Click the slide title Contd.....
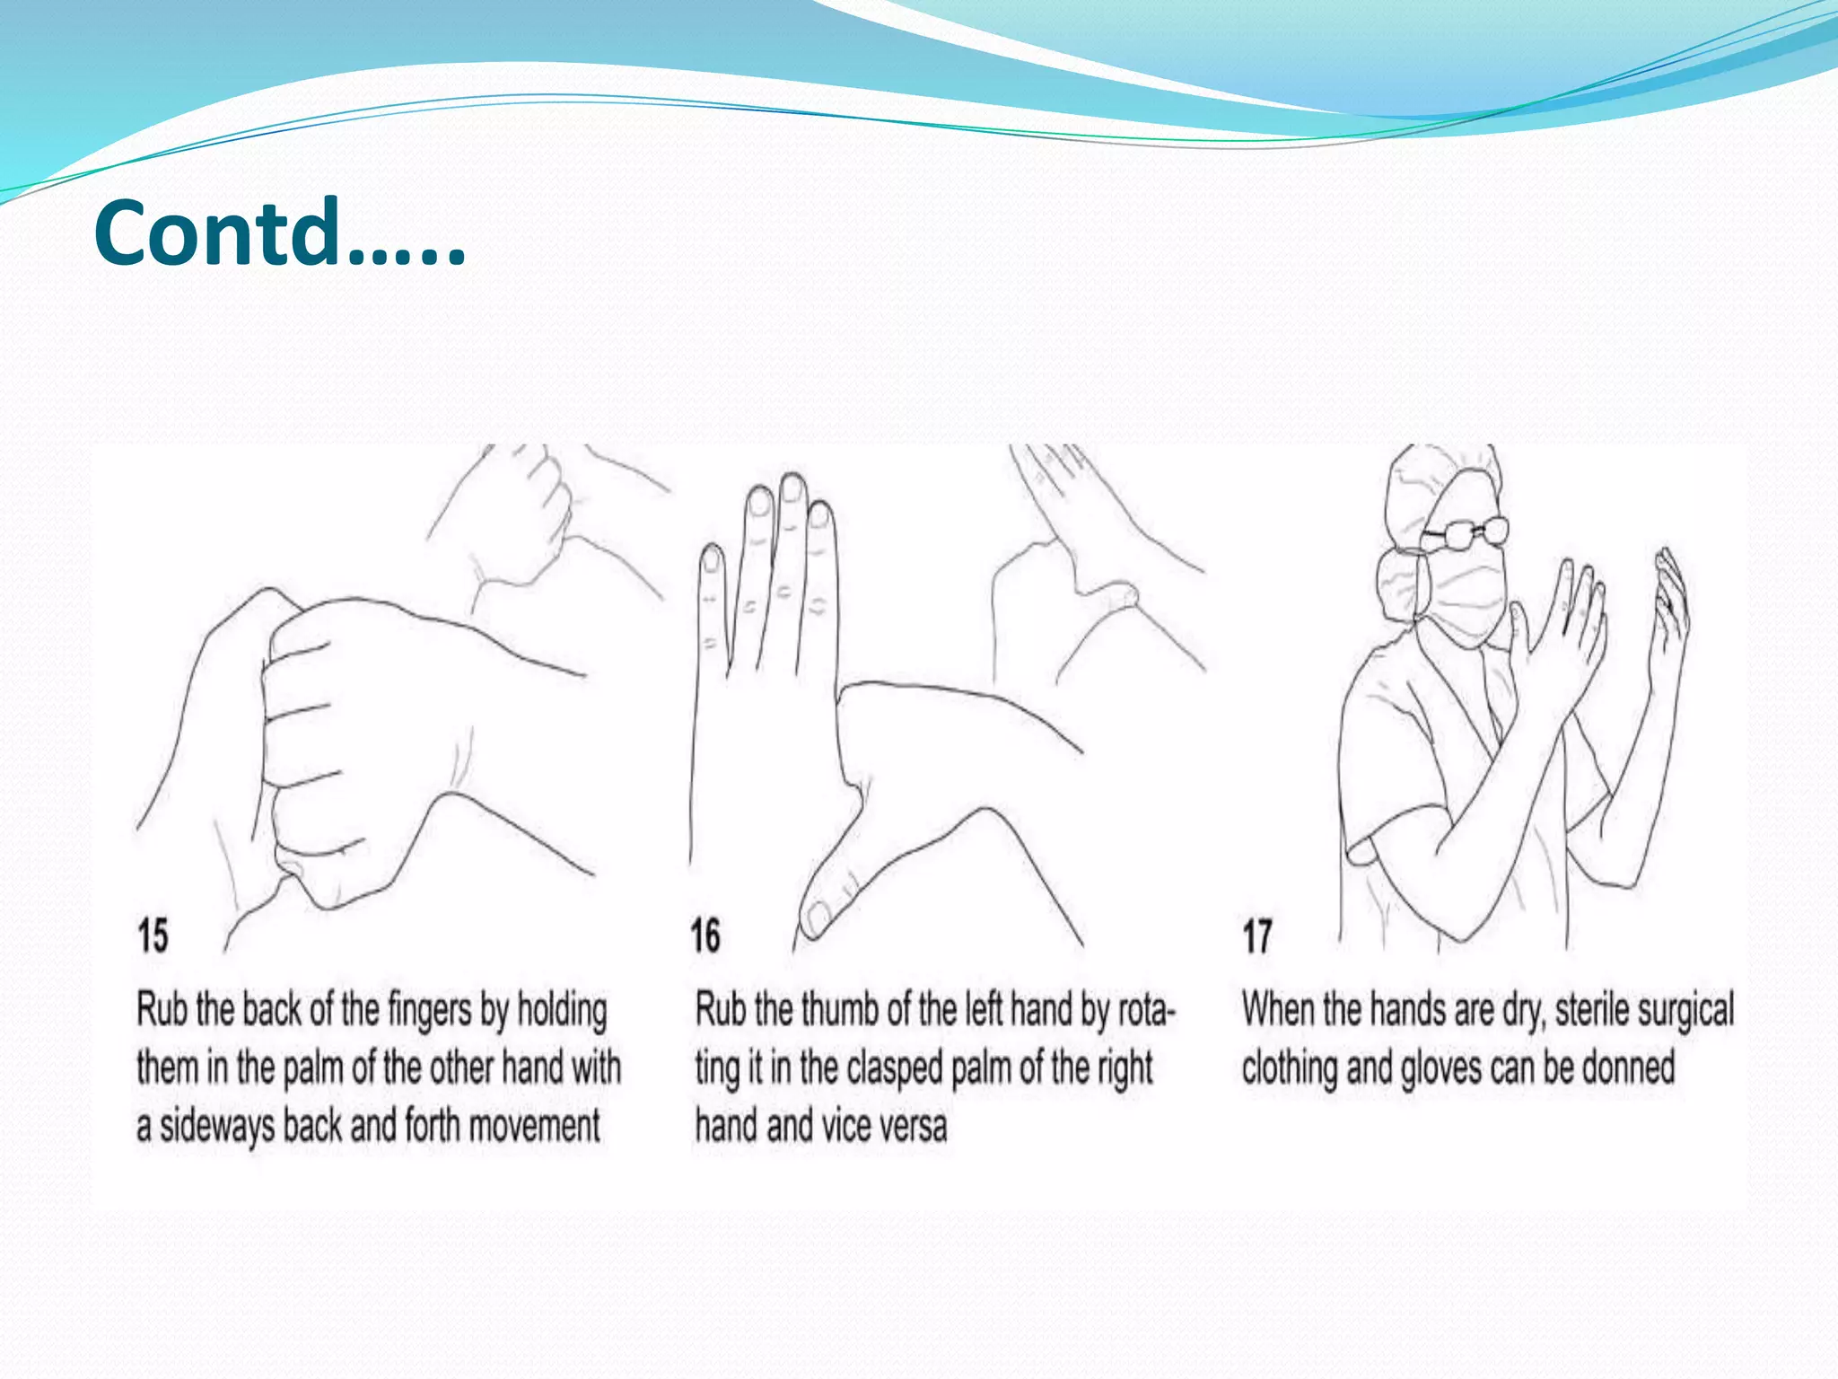pyautogui.click(x=278, y=233)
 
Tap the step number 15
pyautogui.click(x=153, y=935)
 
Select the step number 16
pyautogui.click(x=705, y=935)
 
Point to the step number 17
pyautogui.click(x=1257, y=936)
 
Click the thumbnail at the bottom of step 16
pyautogui.click(x=818, y=917)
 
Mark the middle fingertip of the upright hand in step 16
pyautogui.click(x=792, y=489)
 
